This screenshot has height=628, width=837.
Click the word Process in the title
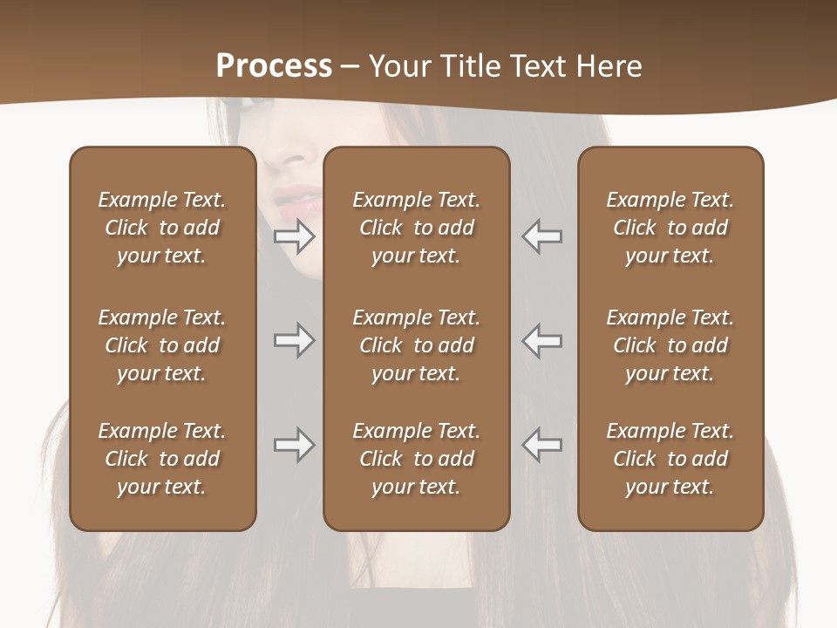[x=274, y=66]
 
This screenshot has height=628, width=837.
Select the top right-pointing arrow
[x=295, y=236]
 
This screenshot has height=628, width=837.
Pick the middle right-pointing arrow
[x=295, y=340]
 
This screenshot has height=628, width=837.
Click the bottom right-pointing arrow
[x=295, y=445]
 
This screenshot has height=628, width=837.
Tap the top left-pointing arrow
[x=542, y=236]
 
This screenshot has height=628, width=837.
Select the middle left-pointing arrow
[x=542, y=340]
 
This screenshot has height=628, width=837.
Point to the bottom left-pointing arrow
[x=542, y=445]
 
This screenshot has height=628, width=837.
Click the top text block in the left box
[x=162, y=228]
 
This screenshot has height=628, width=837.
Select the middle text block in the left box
[x=162, y=345]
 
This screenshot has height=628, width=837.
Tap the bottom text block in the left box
[x=162, y=459]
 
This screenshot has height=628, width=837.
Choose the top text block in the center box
[x=416, y=228]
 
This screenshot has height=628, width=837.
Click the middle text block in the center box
[x=416, y=345]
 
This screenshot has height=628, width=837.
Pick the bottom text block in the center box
[x=416, y=459]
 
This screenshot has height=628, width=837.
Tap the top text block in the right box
[x=670, y=228]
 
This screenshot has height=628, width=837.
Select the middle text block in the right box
[x=670, y=345]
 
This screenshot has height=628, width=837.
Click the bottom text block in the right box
[x=670, y=459]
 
